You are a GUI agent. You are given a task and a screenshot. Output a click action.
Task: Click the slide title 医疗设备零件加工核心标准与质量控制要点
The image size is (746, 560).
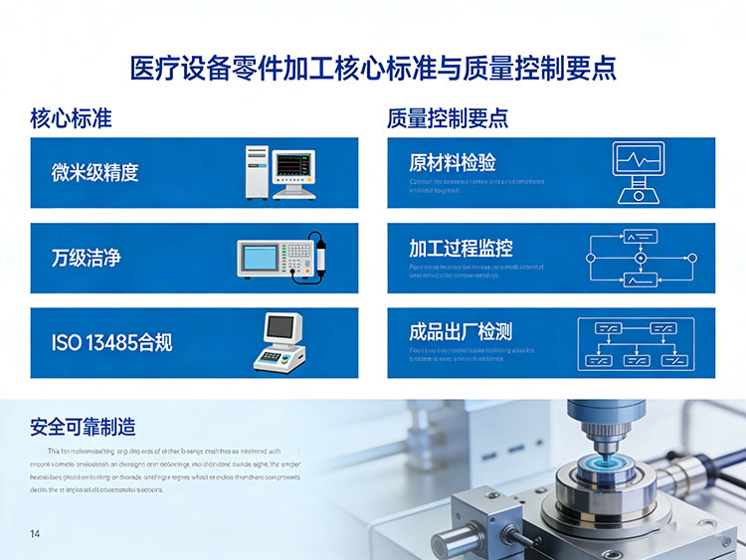click(373, 69)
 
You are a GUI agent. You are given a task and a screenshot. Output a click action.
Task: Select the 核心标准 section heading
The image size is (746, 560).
click(71, 118)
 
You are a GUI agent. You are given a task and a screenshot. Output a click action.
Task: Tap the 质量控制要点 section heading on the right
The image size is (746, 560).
click(448, 118)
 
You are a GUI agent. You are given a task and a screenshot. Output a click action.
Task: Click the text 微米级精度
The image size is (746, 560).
click(94, 172)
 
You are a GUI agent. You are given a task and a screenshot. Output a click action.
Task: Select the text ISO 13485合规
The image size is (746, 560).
click(111, 343)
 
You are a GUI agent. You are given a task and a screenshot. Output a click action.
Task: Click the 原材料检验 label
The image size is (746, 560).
click(452, 163)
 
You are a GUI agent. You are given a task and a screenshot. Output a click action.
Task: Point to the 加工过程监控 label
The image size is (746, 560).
click(461, 248)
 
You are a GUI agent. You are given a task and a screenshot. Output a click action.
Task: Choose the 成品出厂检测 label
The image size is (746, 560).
click(461, 332)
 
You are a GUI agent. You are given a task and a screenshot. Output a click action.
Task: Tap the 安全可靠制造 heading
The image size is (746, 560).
click(83, 428)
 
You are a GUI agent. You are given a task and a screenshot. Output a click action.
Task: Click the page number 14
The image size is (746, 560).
click(36, 534)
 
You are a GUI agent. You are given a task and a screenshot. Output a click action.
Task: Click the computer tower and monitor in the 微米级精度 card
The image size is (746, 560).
click(280, 172)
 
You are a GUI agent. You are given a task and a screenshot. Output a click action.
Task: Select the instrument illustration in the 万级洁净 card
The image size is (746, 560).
click(282, 258)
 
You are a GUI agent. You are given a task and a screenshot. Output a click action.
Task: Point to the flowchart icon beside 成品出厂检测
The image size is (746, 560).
click(636, 342)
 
